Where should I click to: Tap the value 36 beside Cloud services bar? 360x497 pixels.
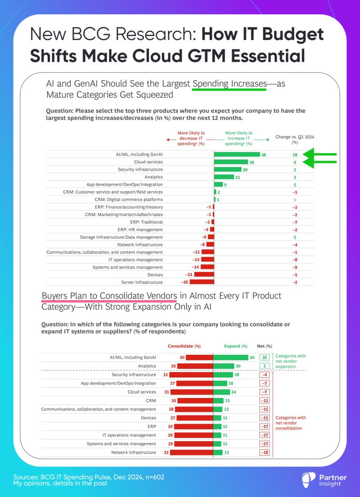(252, 162)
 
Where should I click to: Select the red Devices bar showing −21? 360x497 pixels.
(204, 275)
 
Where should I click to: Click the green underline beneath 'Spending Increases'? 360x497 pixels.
(229, 89)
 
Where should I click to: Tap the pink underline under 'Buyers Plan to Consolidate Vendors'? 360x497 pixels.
(109, 302)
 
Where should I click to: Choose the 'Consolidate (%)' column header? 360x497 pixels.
(184, 346)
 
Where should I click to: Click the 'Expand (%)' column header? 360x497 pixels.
(236, 346)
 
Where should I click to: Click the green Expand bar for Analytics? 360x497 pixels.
(224, 366)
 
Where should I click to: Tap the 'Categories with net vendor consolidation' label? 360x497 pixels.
(290, 423)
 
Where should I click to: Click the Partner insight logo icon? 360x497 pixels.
(308, 479)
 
